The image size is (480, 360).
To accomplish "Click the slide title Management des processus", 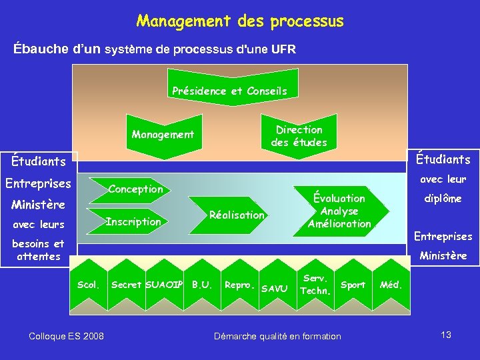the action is pos(240,21).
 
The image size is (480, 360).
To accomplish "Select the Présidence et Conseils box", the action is pos(229,91).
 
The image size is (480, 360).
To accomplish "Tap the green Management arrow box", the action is pos(163,135).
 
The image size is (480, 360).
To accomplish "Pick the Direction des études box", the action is pos(298,135).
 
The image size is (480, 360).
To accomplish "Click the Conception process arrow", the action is pos(135,189).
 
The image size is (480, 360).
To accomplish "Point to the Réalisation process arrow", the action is pos(237,215).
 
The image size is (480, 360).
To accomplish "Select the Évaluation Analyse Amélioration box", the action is pos(339,211).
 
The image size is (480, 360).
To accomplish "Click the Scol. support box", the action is pos(88,286).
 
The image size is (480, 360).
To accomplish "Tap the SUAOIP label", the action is pos(165,285).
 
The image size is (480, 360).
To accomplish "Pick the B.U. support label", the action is pos(202,285).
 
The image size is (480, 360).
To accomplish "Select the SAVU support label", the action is pos(274,289).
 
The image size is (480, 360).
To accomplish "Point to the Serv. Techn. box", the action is pos(315,285).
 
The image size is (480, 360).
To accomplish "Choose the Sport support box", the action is pos(353,285).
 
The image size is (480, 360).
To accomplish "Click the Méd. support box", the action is pos(390,285).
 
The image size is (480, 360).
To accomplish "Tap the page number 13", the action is pos(446,335).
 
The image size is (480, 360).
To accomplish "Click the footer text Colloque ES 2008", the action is pos(67,336).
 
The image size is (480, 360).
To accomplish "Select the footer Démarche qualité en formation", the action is pos(277,336).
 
